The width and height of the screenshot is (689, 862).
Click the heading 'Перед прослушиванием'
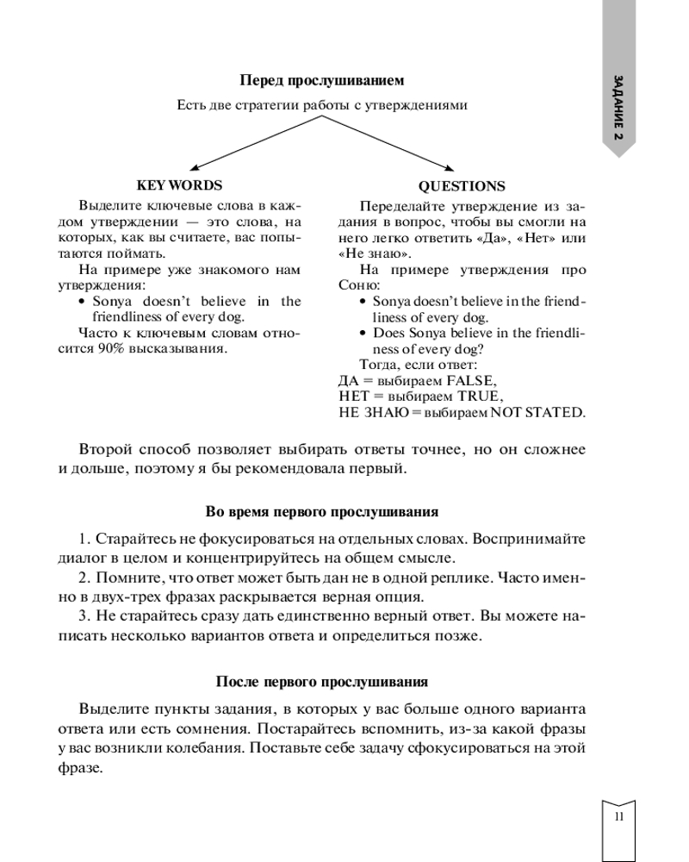321,80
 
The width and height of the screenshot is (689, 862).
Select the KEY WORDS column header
179,185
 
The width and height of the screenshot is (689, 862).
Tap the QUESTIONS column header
462,186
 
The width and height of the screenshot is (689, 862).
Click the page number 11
618,817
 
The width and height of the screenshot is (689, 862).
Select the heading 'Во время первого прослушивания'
322,511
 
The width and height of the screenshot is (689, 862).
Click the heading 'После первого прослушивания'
322,682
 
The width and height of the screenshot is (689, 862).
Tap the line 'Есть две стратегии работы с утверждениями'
321,106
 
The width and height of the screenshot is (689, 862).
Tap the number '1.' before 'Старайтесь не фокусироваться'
84,539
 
